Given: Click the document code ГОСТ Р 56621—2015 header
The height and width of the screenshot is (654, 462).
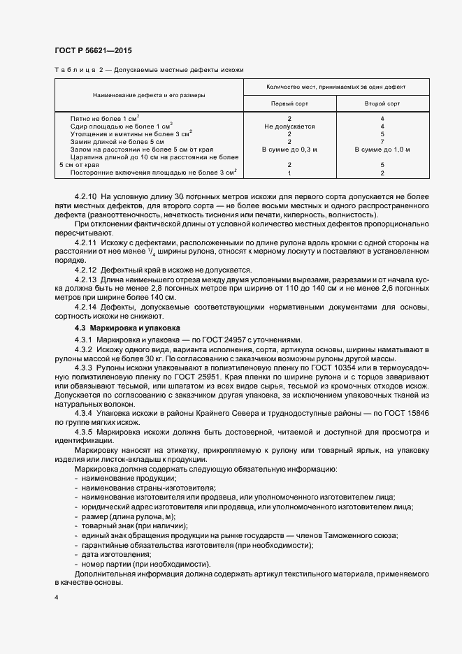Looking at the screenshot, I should pos(92,50).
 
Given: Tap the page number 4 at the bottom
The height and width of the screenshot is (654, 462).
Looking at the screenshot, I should pos(57,597).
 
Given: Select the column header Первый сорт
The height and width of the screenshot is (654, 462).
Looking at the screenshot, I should pos(289,103).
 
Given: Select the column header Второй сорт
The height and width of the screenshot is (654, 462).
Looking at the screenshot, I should pos(382,103).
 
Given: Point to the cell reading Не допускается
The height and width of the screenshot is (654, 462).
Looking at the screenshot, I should pos(289,126).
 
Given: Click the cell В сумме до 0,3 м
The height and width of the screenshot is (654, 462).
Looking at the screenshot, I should pos(289,150).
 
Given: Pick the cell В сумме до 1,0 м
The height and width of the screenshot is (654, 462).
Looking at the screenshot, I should pos(382,150).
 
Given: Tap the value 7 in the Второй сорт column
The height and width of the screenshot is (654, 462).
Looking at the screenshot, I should pos(382,142).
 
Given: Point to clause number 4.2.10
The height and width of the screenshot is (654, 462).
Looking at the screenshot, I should pos(86,198).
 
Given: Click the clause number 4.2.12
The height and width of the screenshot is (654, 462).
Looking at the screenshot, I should pos(86,270).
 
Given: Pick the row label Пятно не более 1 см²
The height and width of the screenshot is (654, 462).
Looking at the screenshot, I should pos(105,119).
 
